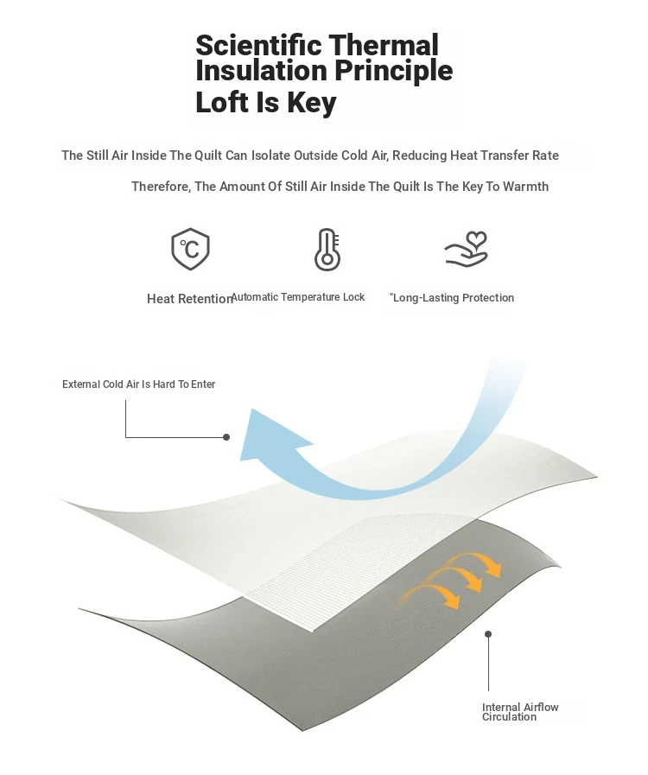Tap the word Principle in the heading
393,72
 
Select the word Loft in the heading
222,102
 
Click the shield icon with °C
190,249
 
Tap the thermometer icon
327,250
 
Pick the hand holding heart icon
466,249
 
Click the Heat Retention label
189,299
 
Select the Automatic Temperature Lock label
298,297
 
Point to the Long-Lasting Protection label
452,297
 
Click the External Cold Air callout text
138,384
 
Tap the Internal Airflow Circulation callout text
520,712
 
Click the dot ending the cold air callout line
226,437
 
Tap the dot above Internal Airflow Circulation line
488,633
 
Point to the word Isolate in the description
271,156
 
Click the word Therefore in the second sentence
161,187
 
